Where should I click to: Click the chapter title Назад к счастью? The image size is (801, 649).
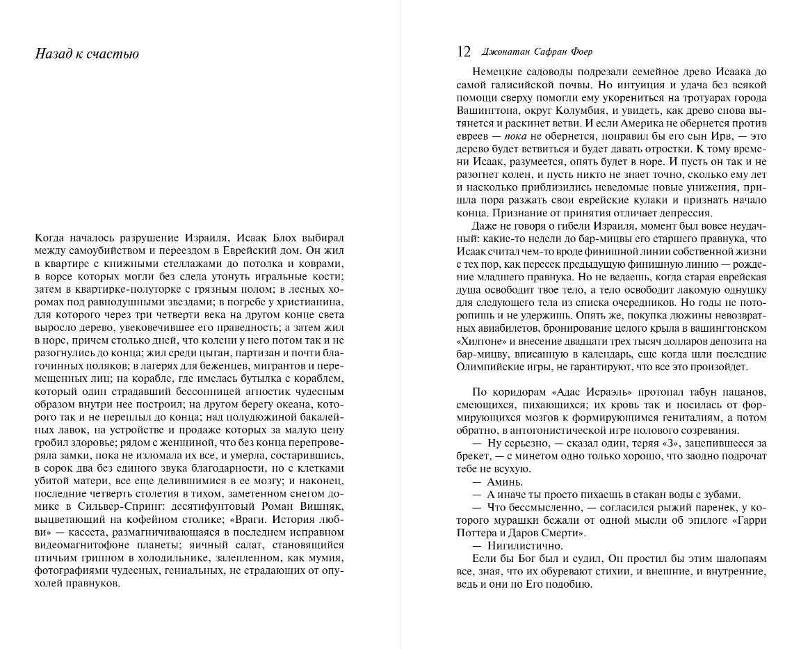87,54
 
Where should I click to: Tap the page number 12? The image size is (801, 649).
464,52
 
